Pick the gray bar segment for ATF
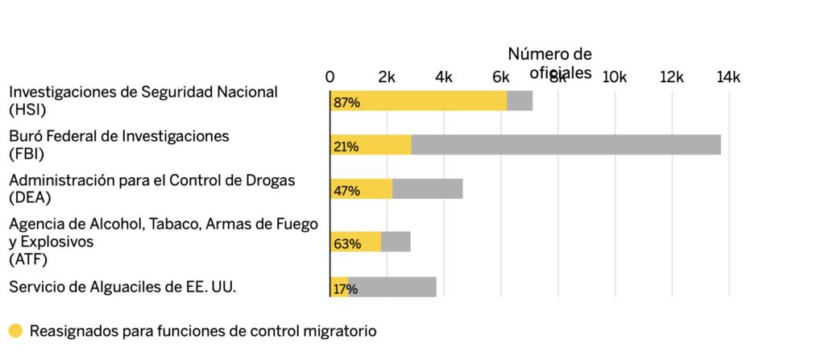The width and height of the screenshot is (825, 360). tap(396, 242)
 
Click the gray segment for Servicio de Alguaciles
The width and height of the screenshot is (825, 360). tap(392, 287)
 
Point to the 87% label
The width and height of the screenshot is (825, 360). tap(346, 103)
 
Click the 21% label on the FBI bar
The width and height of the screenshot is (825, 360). tap(346, 147)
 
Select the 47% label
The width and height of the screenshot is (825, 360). tap(346, 191)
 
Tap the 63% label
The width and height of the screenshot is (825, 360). tap(346, 243)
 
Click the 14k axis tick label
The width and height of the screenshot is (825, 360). tap(728, 77)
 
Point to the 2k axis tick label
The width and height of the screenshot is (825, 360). tap(387, 77)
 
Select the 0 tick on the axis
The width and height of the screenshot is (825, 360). tap(330, 77)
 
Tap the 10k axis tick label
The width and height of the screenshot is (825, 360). tap(615, 77)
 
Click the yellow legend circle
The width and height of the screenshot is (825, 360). tap(15, 330)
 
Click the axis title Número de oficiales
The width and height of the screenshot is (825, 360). tap(549, 63)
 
